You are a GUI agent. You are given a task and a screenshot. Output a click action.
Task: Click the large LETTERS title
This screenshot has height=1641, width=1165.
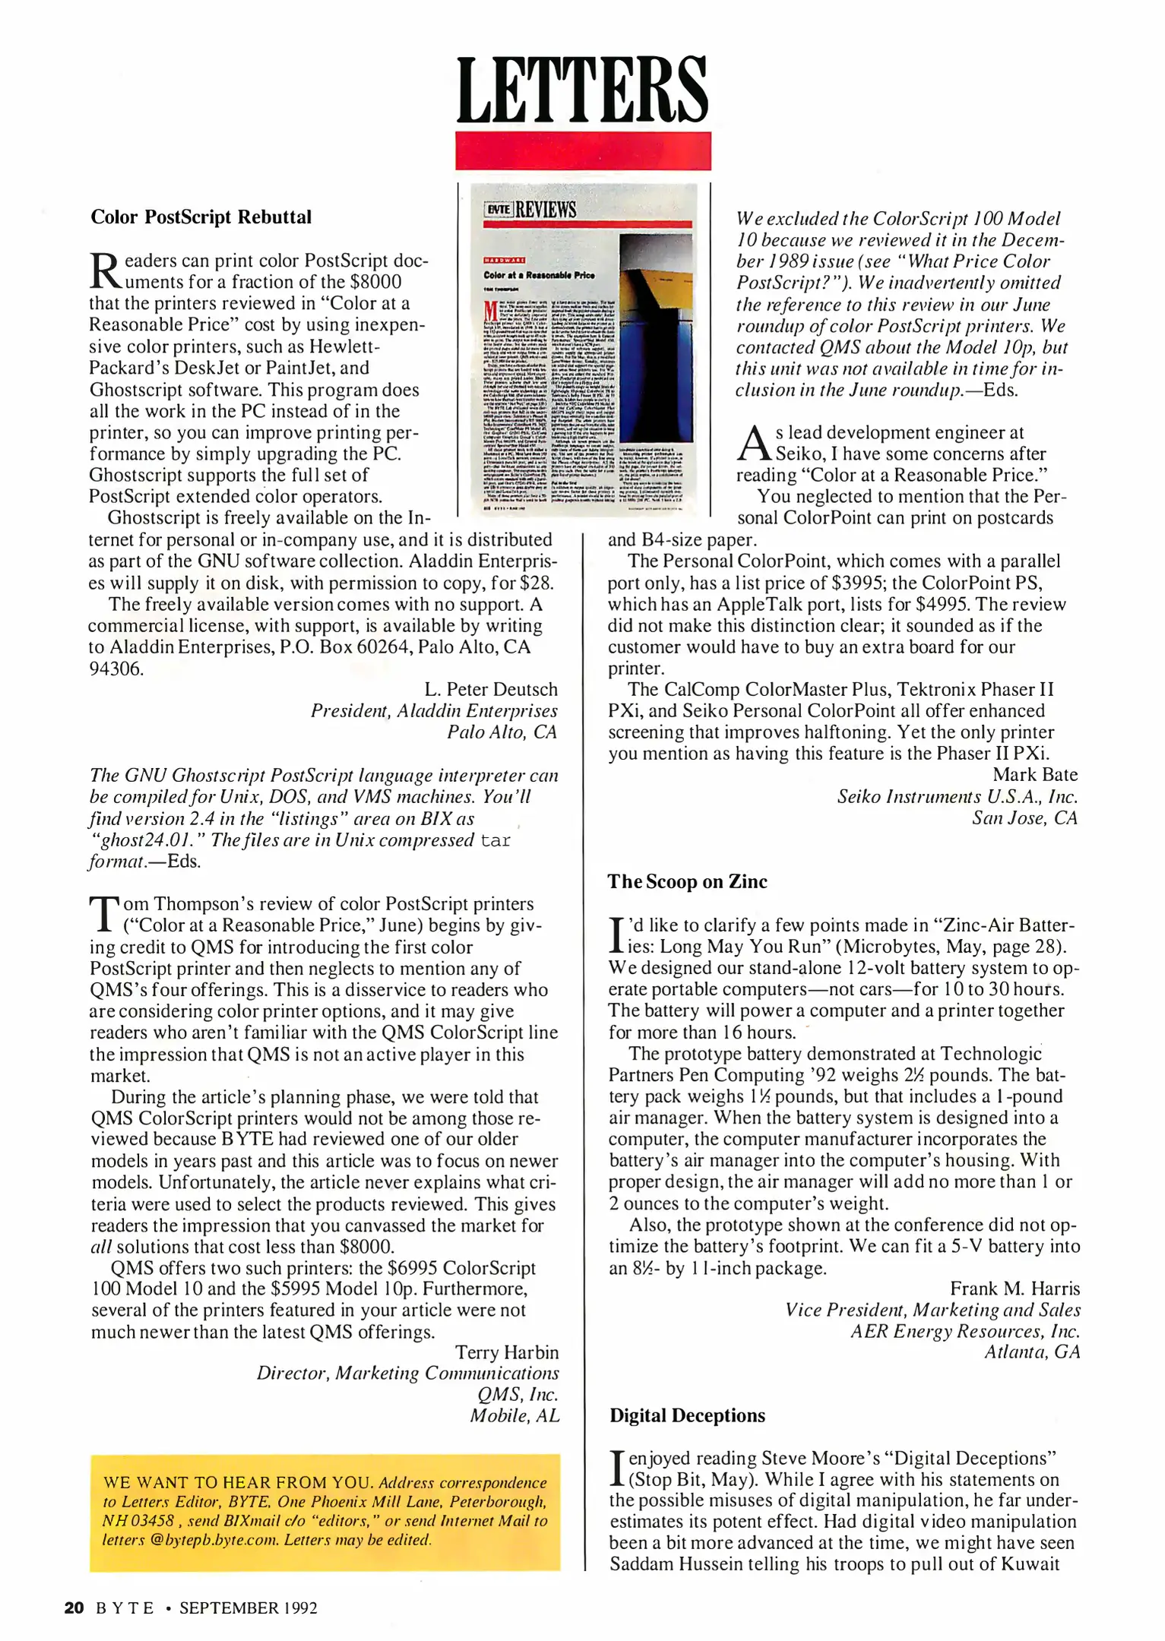point(582,90)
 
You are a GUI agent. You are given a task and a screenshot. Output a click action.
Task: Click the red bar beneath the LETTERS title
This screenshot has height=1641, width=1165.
point(582,150)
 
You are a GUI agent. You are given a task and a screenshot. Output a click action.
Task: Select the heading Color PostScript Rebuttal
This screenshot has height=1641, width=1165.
point(201,217)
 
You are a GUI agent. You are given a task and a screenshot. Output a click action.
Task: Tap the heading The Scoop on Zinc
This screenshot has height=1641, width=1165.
point(687,881)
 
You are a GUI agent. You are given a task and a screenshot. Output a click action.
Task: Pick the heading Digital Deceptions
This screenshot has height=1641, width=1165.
point(687,1415)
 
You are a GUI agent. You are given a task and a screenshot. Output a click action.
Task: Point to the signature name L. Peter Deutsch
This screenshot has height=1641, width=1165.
point(490,689)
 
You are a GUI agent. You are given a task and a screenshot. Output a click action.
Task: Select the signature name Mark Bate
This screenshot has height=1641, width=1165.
point(1034,774)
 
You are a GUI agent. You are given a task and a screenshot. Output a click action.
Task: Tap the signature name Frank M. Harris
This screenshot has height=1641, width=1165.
point(1014,1288)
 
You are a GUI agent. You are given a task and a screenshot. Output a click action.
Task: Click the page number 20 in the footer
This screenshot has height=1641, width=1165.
point(74,1608)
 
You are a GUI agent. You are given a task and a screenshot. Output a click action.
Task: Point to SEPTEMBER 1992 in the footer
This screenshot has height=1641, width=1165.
point(248,1608)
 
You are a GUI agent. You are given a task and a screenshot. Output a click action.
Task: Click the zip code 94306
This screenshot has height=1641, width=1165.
point(116,669)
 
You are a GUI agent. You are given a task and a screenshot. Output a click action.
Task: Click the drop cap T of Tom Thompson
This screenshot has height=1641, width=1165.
point(103,914)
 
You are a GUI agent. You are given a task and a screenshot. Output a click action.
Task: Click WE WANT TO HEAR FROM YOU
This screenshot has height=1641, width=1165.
point(238,1482)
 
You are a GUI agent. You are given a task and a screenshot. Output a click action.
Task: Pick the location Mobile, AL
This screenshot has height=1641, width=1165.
point(514,1416)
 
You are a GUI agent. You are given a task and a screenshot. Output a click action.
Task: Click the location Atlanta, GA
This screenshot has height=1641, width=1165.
point(1031,1352)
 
